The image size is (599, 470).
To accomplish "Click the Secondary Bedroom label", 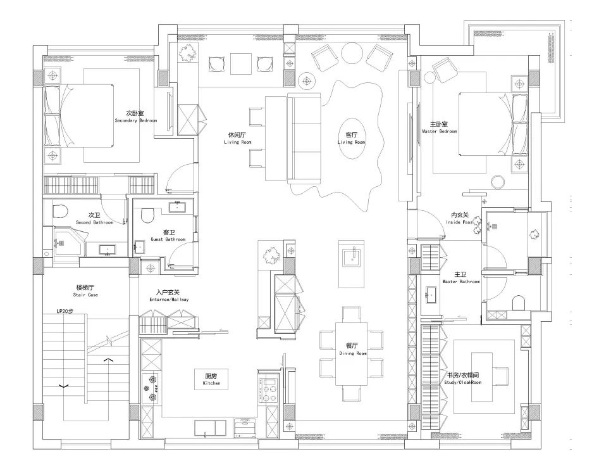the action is point(135,117).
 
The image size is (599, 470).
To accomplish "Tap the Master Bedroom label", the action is point(440,128).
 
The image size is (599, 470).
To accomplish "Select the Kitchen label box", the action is point(211,379).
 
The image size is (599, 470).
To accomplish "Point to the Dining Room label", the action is point(352,349).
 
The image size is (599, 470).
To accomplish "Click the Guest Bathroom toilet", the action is point(147,215).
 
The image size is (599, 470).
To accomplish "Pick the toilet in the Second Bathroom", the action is point(60,211).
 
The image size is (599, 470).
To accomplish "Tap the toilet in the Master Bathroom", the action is point(519,303).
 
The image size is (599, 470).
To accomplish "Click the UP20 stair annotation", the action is point(65,311).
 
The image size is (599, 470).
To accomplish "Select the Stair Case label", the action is point(85,291).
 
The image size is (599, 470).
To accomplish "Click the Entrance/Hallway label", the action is point(168,296).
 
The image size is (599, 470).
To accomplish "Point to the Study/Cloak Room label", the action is point(462,379).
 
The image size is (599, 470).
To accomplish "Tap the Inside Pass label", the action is point(459,219).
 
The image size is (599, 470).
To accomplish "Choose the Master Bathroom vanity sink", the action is point(431,295).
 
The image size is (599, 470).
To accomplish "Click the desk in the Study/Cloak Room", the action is point(481,377).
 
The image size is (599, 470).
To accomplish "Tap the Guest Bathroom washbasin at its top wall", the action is point(178,208).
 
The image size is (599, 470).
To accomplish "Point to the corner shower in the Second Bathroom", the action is point(69,242).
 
